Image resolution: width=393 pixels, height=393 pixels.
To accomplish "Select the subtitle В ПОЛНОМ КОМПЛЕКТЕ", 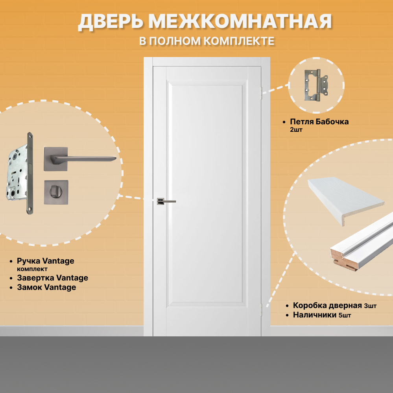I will [x=207, y=41].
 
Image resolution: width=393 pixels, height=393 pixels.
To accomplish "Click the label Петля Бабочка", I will [x=319, y=122].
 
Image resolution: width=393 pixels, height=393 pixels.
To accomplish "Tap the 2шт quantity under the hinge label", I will [x=296, y=130].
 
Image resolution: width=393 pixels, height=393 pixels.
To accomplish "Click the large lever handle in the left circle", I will [x=79, y=158].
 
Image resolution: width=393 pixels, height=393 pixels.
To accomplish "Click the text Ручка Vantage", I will [x=46, y=261].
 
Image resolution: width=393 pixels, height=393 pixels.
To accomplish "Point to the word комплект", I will [x=32, y=269].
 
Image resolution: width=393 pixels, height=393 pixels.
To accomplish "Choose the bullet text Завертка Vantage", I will [x=52, y=278].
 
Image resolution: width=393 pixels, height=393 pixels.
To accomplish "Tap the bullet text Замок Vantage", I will [x=46, y=288].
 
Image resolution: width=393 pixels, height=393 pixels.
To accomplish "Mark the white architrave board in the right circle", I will [x=344, y=199].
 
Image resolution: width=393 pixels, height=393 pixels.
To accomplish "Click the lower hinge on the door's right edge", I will [x=262, y=309].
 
